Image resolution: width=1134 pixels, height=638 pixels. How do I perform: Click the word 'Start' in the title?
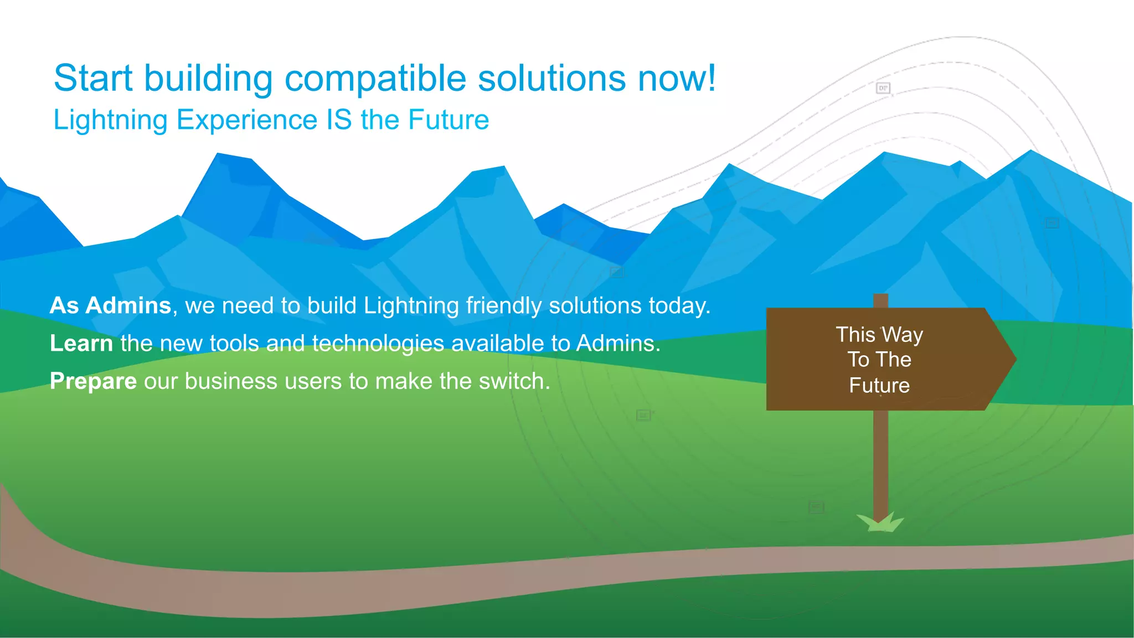(93, 78)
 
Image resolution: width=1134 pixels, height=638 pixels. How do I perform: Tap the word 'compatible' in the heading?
(375, 78)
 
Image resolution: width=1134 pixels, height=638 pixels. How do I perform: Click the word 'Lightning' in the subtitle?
(110, 120)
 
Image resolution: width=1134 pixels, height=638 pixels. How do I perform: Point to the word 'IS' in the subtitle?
(339, 120)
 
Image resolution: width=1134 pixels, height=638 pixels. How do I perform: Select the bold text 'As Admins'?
(110, 305)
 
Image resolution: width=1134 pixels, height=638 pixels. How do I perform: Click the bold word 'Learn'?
(81, 343)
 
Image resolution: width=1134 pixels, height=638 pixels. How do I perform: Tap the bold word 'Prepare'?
(93, 381)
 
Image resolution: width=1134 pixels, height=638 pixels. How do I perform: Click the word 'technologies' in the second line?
(378, 343)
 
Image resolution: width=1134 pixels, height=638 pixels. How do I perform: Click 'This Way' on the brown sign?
(879, 334)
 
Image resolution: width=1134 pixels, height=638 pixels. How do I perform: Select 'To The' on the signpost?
(879, 360)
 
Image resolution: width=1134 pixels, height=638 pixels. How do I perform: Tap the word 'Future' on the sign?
(879, 385)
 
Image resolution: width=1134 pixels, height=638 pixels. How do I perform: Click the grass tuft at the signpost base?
(880, 523)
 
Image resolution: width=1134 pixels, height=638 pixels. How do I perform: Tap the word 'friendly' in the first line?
(503, 305)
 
